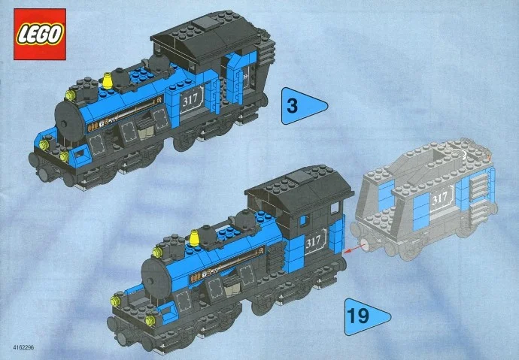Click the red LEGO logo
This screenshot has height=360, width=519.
coord(39,34)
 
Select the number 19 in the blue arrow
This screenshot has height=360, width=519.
coord(359,315)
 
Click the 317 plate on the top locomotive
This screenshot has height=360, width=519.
coord(190,98)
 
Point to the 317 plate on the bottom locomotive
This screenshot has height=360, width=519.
coord(314,241)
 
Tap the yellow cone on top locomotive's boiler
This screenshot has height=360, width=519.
coord(108,78)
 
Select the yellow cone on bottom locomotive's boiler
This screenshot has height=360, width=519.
coord(194,239)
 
